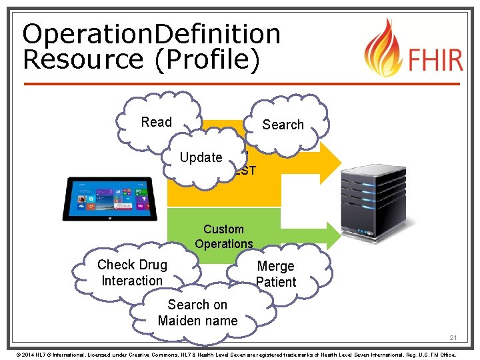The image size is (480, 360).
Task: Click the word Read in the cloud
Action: pos(157,122)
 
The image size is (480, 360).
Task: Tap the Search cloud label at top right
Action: pos(283,125)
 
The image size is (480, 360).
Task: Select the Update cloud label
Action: pos(201,157)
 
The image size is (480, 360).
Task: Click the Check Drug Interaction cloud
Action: pos(132,273)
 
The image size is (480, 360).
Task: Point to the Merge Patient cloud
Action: pos(275,274)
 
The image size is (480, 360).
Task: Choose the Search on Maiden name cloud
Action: pos(197,313)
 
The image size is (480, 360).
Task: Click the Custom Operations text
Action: pos(224,237)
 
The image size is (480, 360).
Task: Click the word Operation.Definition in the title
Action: pos(151,34)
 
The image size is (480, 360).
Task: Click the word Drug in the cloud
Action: pos(151,265)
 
